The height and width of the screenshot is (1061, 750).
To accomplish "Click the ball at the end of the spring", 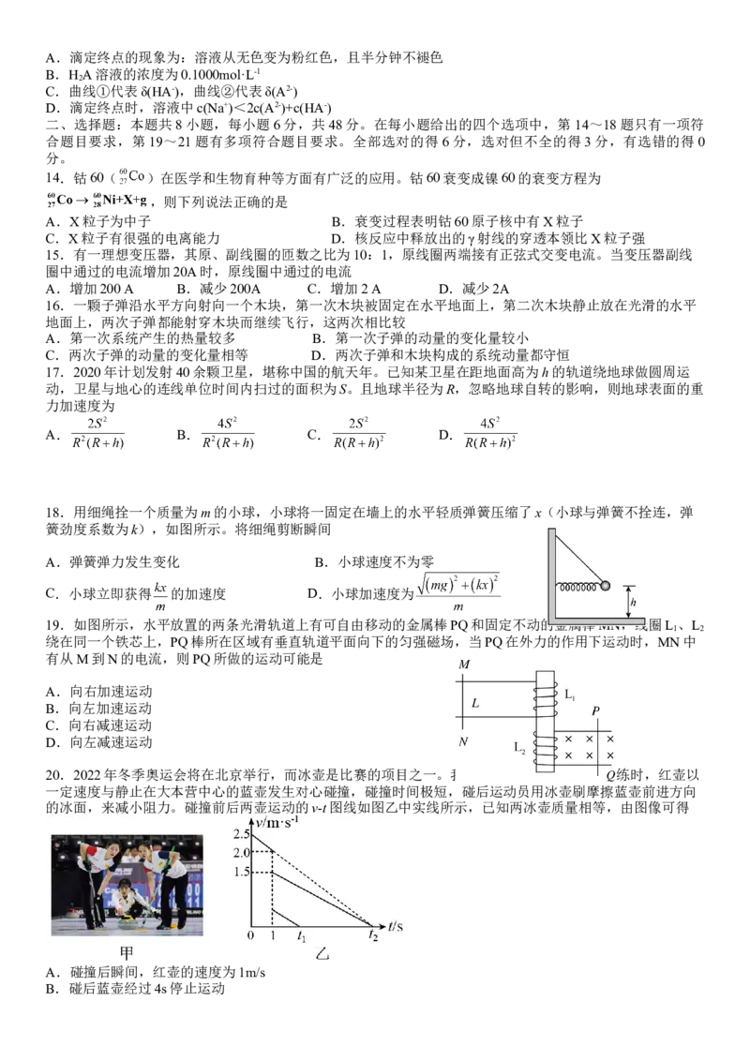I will tap(605, 587).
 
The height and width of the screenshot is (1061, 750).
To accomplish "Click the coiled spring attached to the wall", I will tap(577, 588).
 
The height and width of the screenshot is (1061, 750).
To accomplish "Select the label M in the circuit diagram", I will tap(464, 665).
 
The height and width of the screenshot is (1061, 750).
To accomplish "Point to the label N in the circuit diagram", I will tap(464, 742).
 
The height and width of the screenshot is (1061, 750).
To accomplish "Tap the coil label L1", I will tap(570, 695).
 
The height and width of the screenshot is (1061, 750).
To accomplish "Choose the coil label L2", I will tap(519, 747).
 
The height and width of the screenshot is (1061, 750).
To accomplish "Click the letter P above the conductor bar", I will tap(596, 712).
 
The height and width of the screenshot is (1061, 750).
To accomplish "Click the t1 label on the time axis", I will tap(301, 936).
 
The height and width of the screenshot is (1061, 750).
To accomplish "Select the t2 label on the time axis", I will tap(373, 936).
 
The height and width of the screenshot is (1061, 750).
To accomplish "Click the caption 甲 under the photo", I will tap(127, 954).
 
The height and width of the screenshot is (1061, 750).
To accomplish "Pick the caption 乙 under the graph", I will tap(322, 955).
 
